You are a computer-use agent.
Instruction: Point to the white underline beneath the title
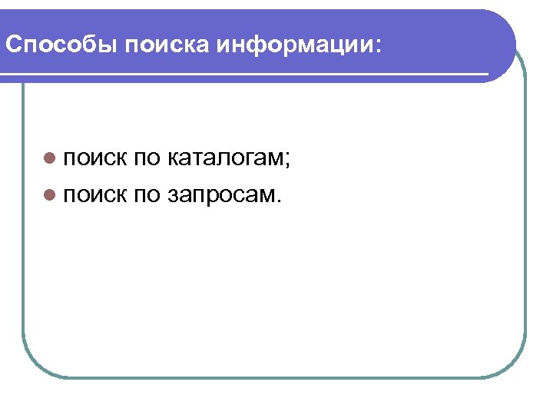(246, 75)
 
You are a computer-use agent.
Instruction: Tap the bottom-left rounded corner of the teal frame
(35, 364)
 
